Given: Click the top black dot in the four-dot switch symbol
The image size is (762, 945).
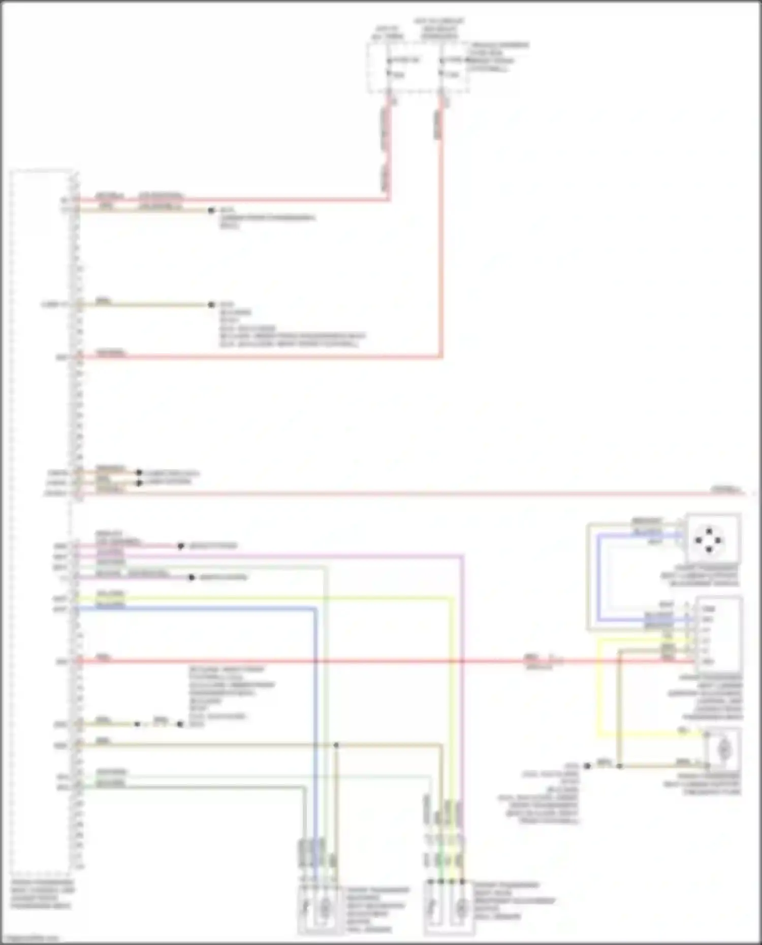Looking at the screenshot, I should coord(709,531).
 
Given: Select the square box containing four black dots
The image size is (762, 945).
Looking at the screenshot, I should coord(712,539).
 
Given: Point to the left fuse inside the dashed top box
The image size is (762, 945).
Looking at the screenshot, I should coord(389,68).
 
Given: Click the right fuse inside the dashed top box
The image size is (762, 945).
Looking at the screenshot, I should coord(441,68).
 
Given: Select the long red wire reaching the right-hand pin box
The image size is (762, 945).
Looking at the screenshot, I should coord(356,661).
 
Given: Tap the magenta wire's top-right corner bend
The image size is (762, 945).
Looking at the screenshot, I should coord(462,557).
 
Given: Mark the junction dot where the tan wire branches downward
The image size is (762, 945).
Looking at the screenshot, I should coord(336,745).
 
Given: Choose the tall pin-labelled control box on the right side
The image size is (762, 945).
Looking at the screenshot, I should coord(720,635).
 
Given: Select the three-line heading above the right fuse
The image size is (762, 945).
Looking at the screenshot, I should coord(439,28).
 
